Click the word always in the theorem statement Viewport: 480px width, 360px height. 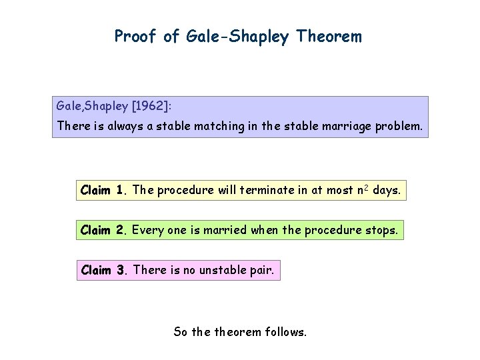(x=129, y=125)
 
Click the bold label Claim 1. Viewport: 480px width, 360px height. (x=103, y=190)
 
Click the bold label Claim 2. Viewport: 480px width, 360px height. (x=103, y=230)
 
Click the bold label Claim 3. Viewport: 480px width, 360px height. (x=103, y=270)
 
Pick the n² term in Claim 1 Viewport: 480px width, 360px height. (x=363, y=189)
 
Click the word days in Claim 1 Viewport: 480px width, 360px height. (x=387, y=190)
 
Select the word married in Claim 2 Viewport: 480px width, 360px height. (x=225, y=230)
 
